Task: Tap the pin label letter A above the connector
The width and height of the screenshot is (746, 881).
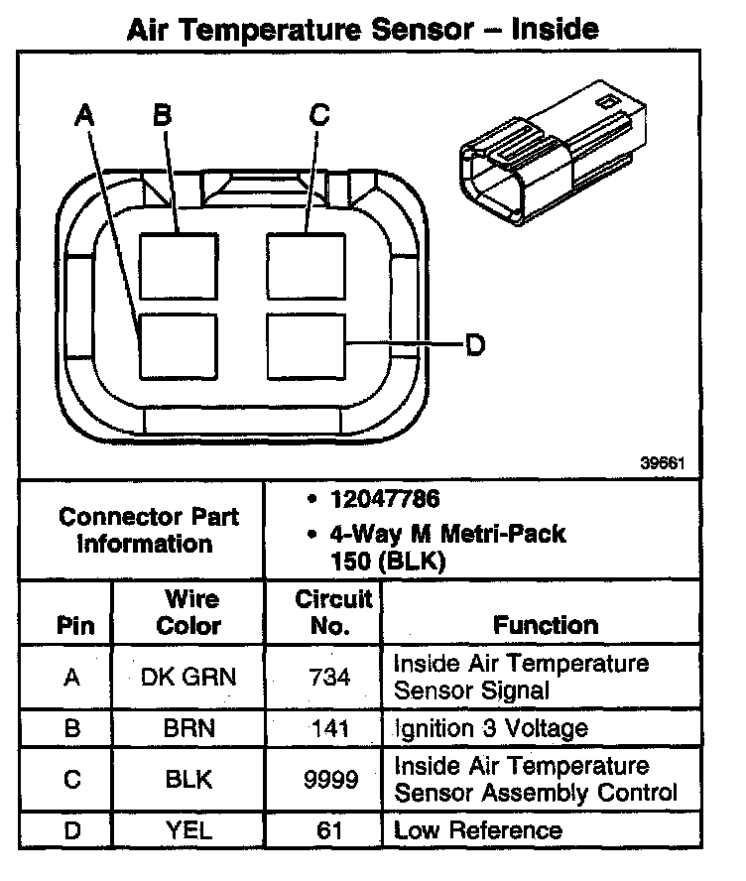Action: [x=86, y=116]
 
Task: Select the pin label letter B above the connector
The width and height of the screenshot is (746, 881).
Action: [x=162, y=115]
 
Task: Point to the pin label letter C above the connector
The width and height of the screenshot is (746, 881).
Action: [x=318, y=115]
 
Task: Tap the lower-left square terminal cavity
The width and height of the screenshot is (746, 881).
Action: [x=178, y=345]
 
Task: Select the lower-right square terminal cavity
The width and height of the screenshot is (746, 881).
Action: [x=305, y=345]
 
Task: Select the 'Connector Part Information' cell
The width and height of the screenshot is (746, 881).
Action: [x=148, y=530]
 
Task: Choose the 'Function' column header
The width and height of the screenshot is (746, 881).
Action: [x=546, y=625]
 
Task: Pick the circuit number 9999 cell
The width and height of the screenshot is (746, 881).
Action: [x=330, y=780]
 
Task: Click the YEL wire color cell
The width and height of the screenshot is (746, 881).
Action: [x=188, y=830]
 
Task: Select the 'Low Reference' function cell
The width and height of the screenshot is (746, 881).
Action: [x=478, y=830]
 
